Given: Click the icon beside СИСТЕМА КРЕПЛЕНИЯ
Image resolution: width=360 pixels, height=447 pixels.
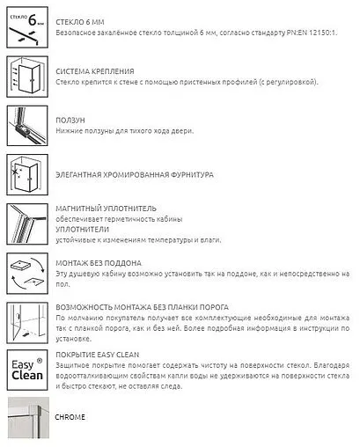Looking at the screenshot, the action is point(26,77).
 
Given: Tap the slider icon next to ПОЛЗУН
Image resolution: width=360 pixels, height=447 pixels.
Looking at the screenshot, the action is point(26,126).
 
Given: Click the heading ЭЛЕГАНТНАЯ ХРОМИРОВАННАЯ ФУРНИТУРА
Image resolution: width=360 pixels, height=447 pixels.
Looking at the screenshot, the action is point(134,174).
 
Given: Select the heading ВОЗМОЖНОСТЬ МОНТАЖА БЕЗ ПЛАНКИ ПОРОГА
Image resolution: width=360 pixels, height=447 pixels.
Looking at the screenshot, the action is point(142,307).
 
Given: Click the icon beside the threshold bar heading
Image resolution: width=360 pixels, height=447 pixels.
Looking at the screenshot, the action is point(26,322).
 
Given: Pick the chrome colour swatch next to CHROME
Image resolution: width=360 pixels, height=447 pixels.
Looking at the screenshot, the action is point(26,420).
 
